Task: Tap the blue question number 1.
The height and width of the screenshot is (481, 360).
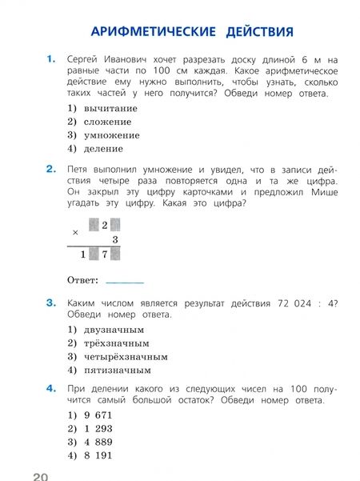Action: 51,58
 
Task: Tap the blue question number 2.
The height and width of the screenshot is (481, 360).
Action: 51,169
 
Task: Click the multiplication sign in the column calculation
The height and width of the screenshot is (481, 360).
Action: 76,230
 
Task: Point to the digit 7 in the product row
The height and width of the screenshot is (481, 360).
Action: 104,255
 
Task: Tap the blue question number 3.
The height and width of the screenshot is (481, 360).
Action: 51,302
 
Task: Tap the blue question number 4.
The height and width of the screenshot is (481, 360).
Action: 51,388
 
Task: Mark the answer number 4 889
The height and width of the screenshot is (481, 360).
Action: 100,442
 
